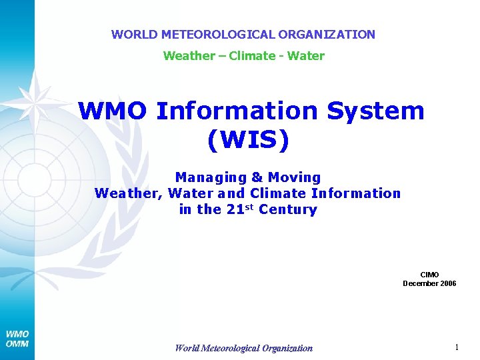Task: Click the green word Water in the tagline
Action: (307, 56)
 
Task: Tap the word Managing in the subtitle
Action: (210, 177)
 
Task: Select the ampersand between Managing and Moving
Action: (257, 177)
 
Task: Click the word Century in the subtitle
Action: (288, 209)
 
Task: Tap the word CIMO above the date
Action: (429, 275)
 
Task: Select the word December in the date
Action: (421, 283)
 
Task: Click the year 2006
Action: (449, 283)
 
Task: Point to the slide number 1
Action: (456, 347)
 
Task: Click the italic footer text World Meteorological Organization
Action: (243, 347)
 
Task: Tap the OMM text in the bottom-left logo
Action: (17, 344)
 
